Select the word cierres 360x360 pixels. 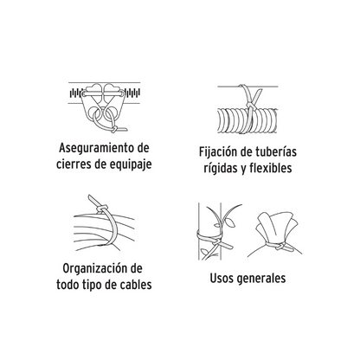tap(74, 164)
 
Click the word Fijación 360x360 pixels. tap(215, 152)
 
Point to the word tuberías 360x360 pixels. tap(276, 151)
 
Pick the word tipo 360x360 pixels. tap(91, 285)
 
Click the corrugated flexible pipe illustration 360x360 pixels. tap(247, 120)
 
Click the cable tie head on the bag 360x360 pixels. tap(280, 247)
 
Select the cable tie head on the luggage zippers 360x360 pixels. tap(114, 129)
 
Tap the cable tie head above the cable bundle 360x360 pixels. tap(101, 209)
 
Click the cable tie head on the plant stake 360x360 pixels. tap(216, 241)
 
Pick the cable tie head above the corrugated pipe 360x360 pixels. tap(249, 106)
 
